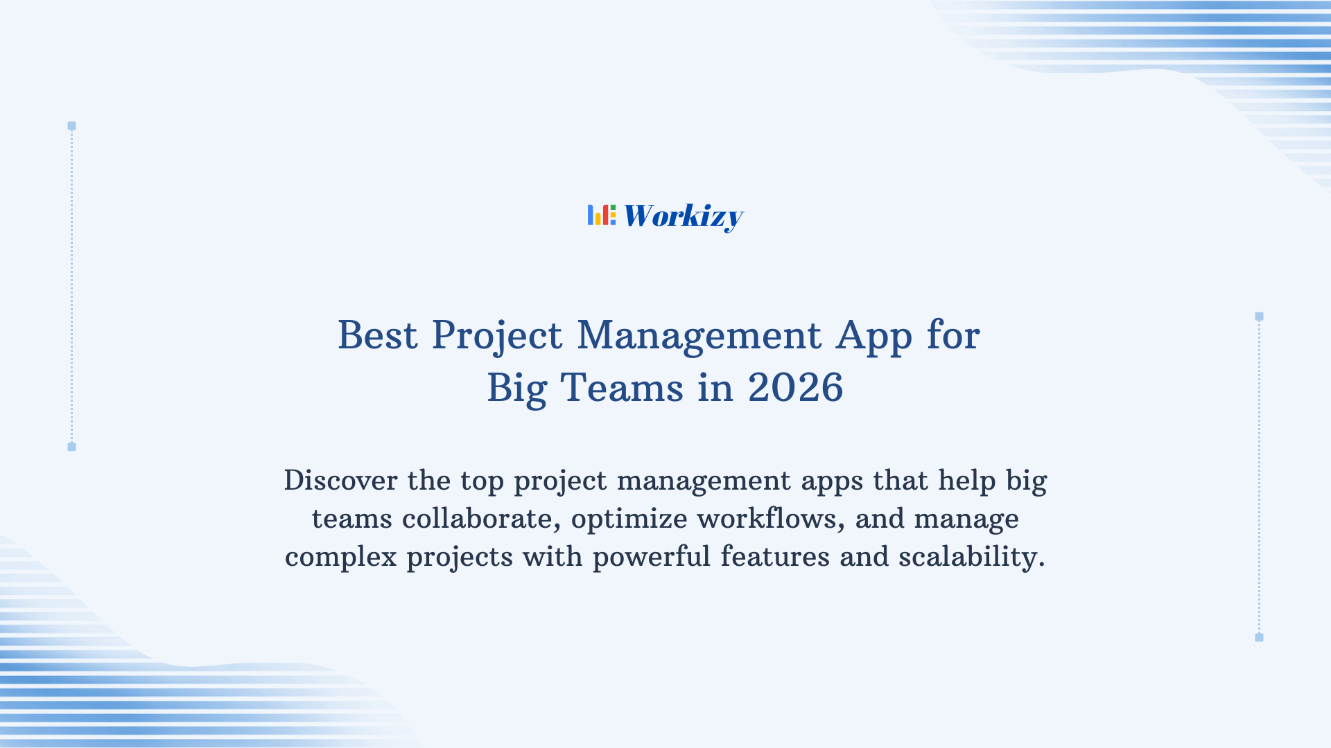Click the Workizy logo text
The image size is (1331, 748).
[x=683, y=216]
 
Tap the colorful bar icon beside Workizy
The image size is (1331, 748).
[x=601, y=215]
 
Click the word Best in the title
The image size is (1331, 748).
[x=377, y=335]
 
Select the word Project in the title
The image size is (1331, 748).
[x=496, y=337]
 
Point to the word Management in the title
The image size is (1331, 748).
[x=699, y=337]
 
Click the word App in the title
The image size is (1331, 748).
[x=873, y=337]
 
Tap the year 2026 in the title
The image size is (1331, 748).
[x=795, y=388]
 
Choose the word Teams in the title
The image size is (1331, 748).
[x=622, y=388]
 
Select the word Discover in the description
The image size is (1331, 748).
[x=340, y=480]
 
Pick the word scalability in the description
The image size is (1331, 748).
[x=971, y=557]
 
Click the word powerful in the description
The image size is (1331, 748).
[x=651, y=557]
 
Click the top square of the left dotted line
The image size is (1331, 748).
[x=71, y=126]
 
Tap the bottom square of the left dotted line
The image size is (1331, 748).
[x=71, y=447]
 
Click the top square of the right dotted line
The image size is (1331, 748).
[x=1259, y=317]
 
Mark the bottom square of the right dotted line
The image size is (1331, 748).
[x=1259, y=637]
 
